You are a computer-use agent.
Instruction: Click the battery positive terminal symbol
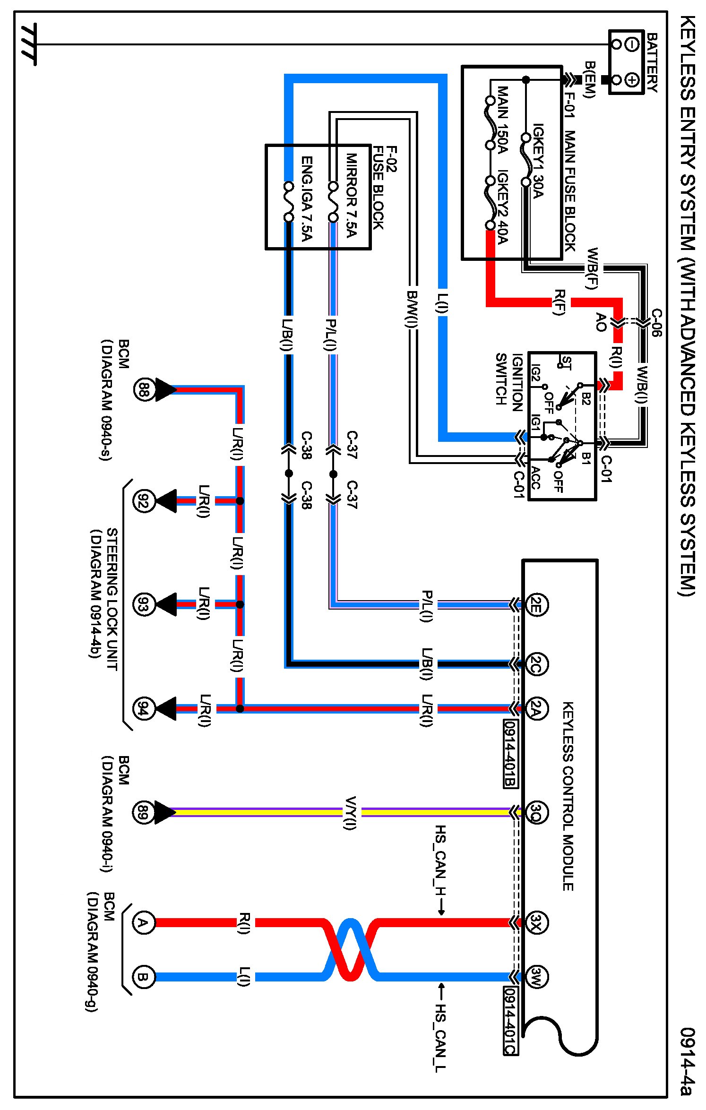[x=632, y=79]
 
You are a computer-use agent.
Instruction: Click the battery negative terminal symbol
[x=632, y=44]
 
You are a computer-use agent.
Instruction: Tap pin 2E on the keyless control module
[x=536, y=604]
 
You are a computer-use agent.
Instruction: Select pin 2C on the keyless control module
[x=536, y=664]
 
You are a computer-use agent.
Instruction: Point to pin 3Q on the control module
[x=536, y=812]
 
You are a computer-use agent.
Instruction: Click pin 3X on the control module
[x=536, y=922]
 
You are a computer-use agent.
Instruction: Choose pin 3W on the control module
[x=536, y=976]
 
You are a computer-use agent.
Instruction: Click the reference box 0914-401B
[x=510, y=754]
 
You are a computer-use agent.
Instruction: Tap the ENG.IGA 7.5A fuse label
[x=307, y=198]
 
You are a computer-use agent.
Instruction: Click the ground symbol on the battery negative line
[x=28, y=44]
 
